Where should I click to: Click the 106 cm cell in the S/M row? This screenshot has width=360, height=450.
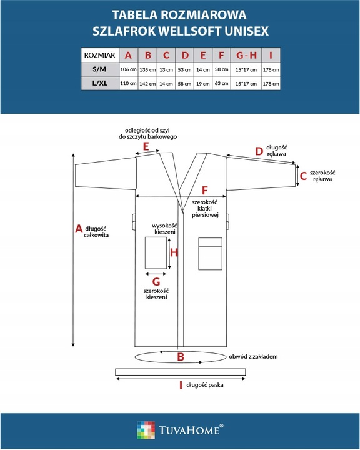[x=128, y=69]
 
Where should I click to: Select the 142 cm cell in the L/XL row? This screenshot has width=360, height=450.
[x=147, y=84]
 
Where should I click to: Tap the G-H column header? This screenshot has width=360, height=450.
[x=246, y=55]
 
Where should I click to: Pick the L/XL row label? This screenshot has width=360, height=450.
[x=100, y=83]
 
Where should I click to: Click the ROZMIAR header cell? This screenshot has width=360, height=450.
[x=100, y=55]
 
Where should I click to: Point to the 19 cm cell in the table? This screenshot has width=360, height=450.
[x=203, y=84]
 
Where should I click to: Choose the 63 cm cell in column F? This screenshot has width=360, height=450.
[x=222, y=84]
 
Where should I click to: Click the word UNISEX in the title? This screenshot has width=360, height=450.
[x=247, y=31]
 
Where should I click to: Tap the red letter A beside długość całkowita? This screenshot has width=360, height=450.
[x=79, y=229]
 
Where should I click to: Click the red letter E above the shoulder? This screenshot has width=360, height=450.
[x=146, y=146]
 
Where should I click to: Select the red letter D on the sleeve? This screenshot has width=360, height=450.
[x=259, y=151]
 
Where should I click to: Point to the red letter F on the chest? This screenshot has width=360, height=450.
[x=205, y=190]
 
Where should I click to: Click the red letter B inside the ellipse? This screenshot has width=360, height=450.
[x=181, y=357]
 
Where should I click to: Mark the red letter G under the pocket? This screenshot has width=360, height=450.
[x=156, y=282]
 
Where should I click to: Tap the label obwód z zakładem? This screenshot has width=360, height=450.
[x=253, y=357]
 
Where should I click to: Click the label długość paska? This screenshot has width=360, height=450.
[x=205, y=385]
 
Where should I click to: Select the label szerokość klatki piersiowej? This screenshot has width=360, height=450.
[x=205, y=209]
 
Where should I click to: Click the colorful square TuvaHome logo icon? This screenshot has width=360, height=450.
[x=146, y=430]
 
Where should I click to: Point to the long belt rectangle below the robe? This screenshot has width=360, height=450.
[x=181, y=372]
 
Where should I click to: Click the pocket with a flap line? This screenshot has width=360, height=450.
[x=211, y=254]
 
